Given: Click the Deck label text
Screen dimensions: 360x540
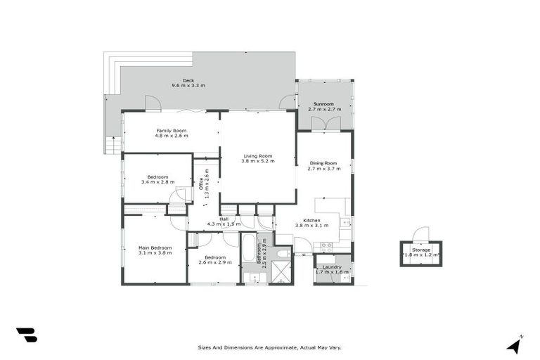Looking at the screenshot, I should (x=188, y=80).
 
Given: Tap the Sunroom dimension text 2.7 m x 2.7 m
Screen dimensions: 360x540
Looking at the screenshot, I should (x=324, y=110).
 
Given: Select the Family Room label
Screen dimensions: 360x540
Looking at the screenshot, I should (x=171, y=130).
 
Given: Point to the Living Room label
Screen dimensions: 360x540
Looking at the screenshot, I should (x=257, y=155).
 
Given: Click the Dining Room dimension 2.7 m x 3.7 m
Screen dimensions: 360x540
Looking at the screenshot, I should (x=324, y=169).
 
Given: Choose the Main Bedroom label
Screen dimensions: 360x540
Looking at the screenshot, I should (x=155, y=247).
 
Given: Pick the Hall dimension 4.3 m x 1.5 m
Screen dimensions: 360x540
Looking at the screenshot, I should (x=224, y=224).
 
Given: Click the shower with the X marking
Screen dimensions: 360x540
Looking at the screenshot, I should (x=280, y=271).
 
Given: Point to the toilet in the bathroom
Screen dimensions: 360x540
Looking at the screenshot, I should (x=282, y=253).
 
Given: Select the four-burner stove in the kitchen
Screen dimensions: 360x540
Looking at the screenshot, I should (x=326, y=247).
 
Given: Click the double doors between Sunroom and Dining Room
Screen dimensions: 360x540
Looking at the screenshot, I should (x=324, y=124).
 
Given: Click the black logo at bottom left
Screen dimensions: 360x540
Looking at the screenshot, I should (x=27, y=335).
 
